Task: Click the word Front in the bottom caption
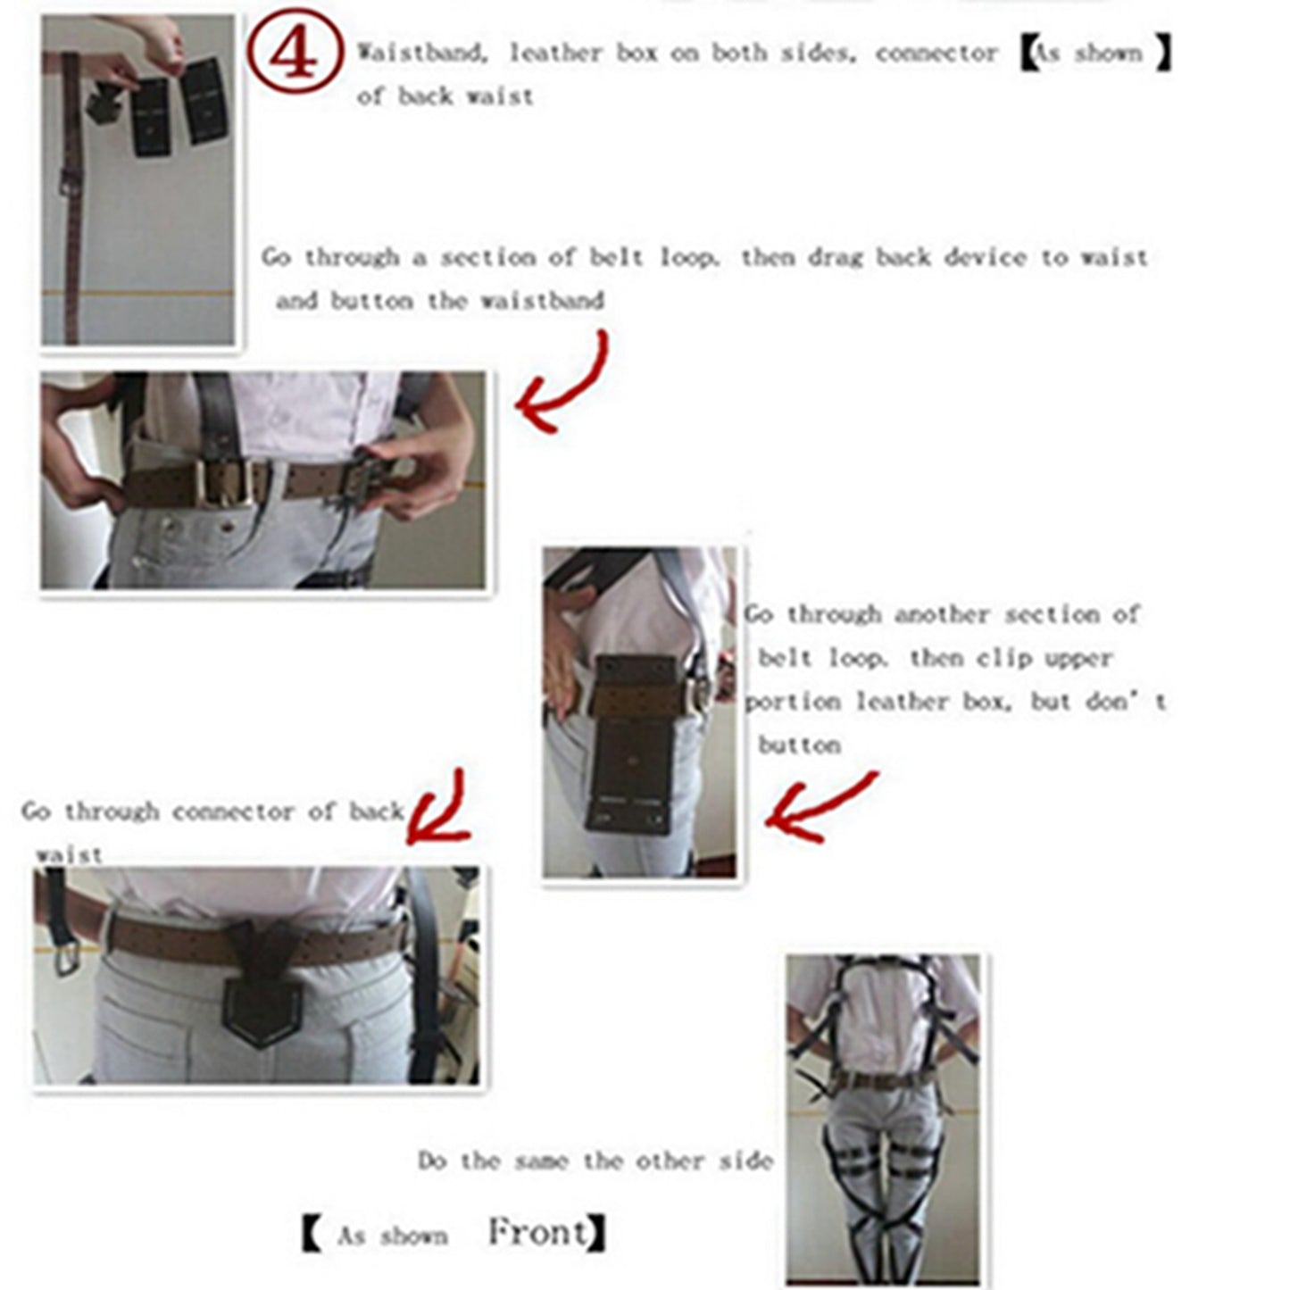[538, 1233]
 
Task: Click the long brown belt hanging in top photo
[71, 196]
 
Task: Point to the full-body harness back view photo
[884, 1119]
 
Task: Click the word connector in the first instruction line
[936, 54]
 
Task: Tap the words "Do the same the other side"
[595, 1161]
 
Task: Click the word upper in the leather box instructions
[1078, 659]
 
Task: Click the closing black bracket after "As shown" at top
[1161, 54]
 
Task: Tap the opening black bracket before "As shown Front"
[312, 1235]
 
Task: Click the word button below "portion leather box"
[799, 745]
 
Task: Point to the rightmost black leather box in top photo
[204, 100]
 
